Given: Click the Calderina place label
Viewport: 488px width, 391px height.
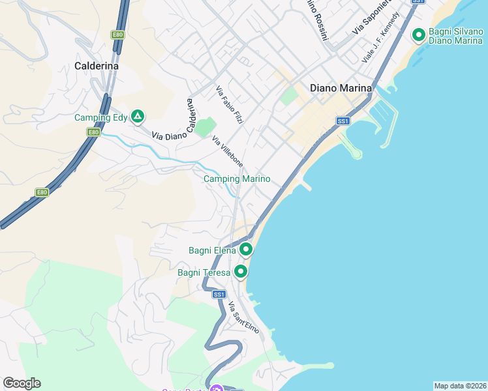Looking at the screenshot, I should tap(97, 66).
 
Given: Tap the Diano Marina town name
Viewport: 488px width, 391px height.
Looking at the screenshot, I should tap(341, 88).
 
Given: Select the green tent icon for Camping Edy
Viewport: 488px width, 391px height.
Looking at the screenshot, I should tap(137, 117).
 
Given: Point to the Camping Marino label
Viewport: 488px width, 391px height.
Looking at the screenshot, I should tap(237, 179).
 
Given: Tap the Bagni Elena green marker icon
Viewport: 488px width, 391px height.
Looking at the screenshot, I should tap(246, 250).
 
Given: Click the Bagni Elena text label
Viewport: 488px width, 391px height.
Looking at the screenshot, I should tap(211, 250).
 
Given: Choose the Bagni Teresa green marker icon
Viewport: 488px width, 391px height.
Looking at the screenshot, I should tap(241, 272).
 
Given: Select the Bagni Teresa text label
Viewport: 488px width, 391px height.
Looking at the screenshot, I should tap(204, 272).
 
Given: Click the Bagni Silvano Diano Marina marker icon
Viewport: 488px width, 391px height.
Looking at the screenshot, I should tap(418, 34).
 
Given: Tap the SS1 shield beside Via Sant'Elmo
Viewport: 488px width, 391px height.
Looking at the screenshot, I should tap(219, 295).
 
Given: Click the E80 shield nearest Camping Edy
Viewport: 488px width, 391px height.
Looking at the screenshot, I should tap(93, 132).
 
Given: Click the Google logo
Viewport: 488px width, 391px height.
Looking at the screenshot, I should tap(22, 383).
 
